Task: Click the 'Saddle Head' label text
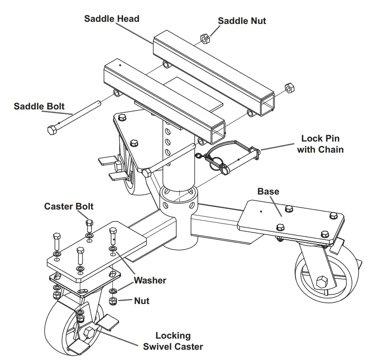[112, 19]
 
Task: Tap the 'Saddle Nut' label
[242, 21]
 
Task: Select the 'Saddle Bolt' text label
[39, 106]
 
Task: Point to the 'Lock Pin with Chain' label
[320, 144]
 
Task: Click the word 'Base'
[268, 191]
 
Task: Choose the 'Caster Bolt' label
[69, 207]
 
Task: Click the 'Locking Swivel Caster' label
[173, 341]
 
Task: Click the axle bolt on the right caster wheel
[322, 282]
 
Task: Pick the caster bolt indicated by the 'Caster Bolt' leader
[89, 223]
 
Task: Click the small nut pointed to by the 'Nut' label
[113, 301]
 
